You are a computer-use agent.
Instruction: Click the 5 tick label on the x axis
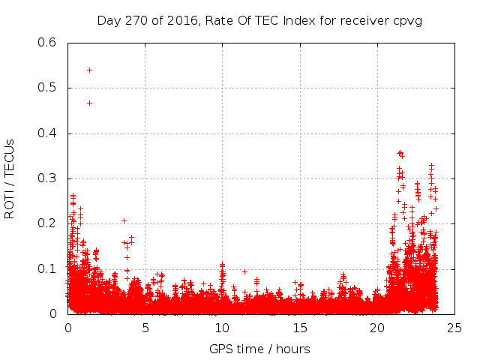(145, 328)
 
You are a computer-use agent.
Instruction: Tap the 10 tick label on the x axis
(222, 328)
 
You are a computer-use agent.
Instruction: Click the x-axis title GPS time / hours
(259, 349)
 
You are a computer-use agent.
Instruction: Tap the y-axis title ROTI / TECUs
(10, 178)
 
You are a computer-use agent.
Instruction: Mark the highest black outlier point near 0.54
(89, 70)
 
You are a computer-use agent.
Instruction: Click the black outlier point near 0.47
(89, 103)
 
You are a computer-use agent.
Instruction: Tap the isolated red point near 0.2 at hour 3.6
(124, 220)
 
